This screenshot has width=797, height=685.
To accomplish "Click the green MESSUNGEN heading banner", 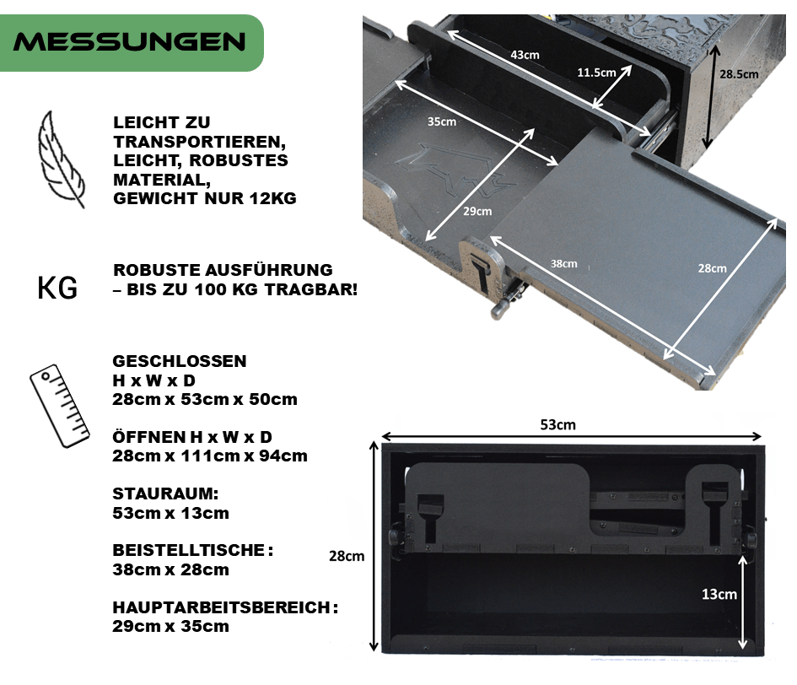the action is (132, 43).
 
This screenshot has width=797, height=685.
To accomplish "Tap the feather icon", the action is (60, 159).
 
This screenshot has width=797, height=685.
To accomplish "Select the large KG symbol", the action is (57, 288).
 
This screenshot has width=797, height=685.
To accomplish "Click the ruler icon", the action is (60, 406).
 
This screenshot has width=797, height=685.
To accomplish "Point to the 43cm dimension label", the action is (525, 55).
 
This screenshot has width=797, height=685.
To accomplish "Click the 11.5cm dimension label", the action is (596, 73).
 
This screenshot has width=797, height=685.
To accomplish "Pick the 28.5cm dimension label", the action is (739, 74).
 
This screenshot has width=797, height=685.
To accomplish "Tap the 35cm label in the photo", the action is (442, 121).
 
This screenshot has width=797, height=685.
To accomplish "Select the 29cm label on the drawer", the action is (477, 211).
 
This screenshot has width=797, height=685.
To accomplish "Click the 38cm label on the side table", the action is (563, 263).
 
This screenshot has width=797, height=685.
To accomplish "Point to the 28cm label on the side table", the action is (712, 268).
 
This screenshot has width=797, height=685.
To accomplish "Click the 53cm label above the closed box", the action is (557, 424).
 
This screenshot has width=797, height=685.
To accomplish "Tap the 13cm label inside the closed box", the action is (719, 594).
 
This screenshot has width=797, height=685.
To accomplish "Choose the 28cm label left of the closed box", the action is (347, 556).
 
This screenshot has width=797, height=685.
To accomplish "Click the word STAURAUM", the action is (165, 494).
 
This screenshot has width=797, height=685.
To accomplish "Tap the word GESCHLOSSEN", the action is (180, 361).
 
